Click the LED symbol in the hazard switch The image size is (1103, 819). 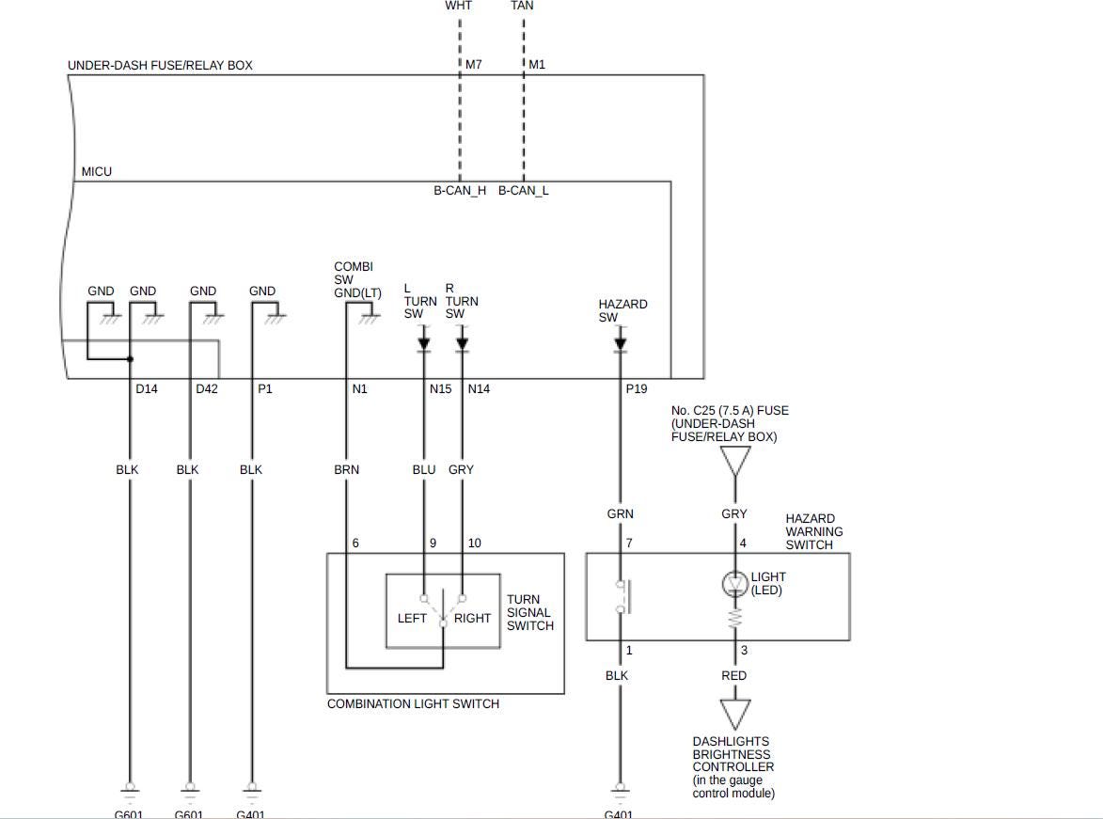[x=735, y=584]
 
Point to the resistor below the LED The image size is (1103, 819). [x=735, y=619]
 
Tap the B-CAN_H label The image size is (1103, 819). [x=460, y=191]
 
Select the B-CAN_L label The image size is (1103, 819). [x=524, y=191]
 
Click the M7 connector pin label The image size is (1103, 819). [x=474, y=65]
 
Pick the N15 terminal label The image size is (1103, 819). [x=440, y=389]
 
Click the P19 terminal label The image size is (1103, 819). [x=637, y=389]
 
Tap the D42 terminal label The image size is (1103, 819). [x=207, y=389]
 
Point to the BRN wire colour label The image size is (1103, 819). [x=346, y=469]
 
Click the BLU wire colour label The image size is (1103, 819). [x=424, y=469]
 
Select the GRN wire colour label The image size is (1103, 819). [x=621, y=513]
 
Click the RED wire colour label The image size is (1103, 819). [x=734, y=675]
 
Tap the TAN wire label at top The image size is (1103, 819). [x=522, y=6]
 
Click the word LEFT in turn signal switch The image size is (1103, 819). [x=412, y=618]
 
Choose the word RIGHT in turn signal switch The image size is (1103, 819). [x=472, y=618]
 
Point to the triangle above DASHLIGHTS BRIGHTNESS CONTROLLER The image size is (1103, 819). [x=734, y=712]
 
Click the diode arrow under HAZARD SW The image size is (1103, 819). [x=621, y=344]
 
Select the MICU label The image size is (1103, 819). [x=97, y=172]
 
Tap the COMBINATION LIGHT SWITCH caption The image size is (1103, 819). [x=413, y=704]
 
